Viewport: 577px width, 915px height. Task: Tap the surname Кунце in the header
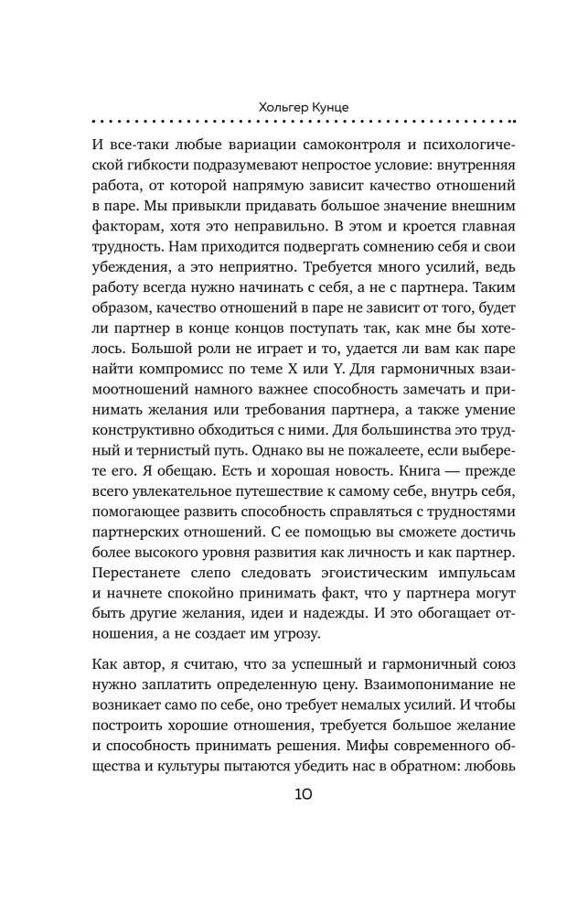(316, 107)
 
